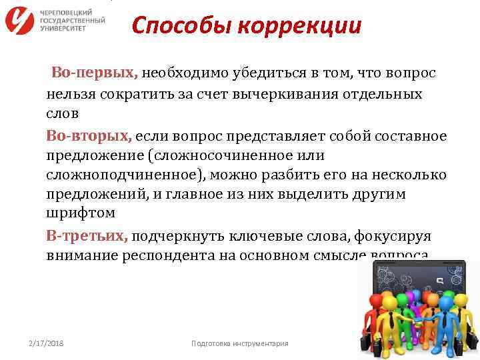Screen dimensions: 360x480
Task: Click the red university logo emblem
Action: click(x=19, y=19)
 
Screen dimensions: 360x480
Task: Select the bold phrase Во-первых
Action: click(x=94, y=72)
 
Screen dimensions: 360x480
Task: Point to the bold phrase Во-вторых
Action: click(x=88, y=136)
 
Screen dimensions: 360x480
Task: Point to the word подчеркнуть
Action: click(x=176, y=236)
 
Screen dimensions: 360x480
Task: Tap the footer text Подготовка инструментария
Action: click(x=239, y=343)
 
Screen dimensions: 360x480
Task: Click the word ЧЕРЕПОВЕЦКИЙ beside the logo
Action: click(x=67, y=13)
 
